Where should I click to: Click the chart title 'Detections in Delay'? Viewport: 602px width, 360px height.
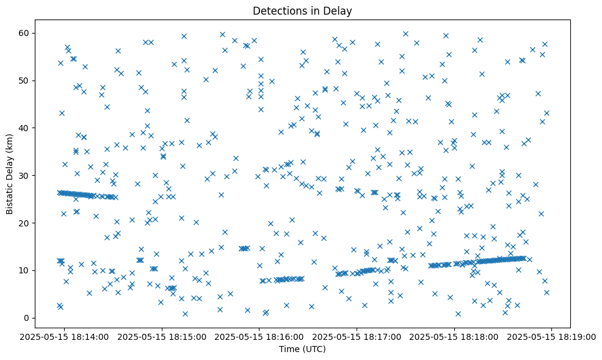[302, 10]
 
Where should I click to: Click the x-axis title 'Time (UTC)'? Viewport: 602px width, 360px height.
[302, 349]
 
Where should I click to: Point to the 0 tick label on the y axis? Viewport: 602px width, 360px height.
[26, 318]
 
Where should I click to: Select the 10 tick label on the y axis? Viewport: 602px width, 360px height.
[24, 270]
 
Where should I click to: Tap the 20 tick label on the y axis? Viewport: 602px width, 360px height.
[24, 223]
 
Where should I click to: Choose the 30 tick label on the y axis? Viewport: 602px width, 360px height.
[24, 175]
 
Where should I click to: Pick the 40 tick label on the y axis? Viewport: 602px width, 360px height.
[24, 128]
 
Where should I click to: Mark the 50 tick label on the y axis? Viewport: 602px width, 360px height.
[24, 80]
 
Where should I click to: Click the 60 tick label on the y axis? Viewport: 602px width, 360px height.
[24, 32]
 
